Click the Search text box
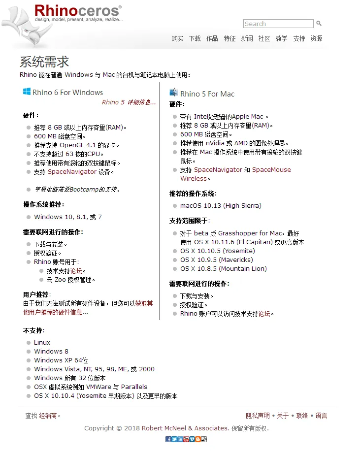click(278, 24)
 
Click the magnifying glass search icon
click(319, 23)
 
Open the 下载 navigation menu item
click(195, 38)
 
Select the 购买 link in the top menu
click(177, 38)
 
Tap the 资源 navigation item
click(316, 38)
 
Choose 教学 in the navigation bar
click(281, 38)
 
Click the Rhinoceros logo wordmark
click(78, 11)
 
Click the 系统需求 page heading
click(44, 62)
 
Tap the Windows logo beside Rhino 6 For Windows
click(27, 92)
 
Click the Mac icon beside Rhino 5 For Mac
click(173, 92)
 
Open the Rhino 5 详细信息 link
click(129, 102)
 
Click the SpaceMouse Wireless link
click(271, 170)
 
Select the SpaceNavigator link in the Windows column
click(72, 172)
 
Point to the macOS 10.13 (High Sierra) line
click(221, 205)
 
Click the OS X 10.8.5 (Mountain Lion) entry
click(223, 268)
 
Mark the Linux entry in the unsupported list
click(42, 342)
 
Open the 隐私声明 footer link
click(258, 416)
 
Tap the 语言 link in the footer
click(321, 416)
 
